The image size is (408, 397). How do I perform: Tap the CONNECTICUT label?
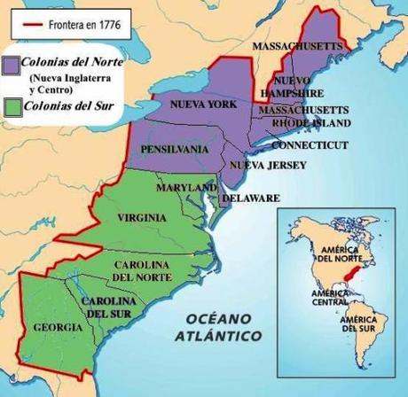[306, 144]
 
